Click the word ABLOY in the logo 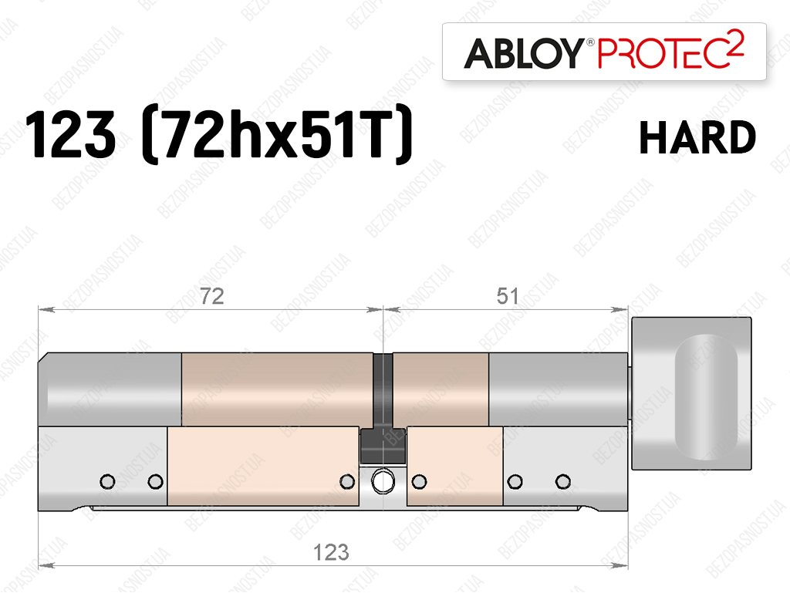point(523,53)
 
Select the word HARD point(697,137)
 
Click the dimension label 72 point(211,296)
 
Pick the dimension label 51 point(508,296)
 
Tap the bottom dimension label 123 point(331,552)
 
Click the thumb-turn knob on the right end point(691,393)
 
